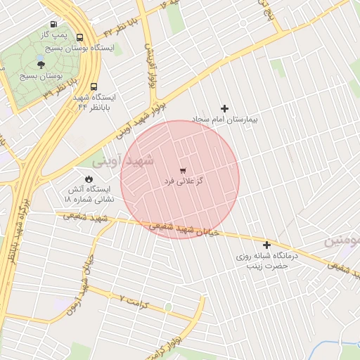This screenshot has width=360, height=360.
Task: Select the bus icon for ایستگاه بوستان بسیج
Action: click(x=79, y=37)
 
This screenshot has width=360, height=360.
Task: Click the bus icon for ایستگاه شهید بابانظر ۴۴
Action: click(x=94, y=86)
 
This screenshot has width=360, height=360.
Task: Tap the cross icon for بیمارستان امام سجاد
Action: click(x=225, y=108)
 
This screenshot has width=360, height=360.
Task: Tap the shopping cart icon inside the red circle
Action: click(x=183, y=170)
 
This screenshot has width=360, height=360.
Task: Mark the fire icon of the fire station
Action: click(x=89, y=179)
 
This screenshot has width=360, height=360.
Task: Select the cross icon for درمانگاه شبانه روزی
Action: click(x=266, y=245)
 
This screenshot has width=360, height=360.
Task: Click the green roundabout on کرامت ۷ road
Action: click(x=168, y=307)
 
